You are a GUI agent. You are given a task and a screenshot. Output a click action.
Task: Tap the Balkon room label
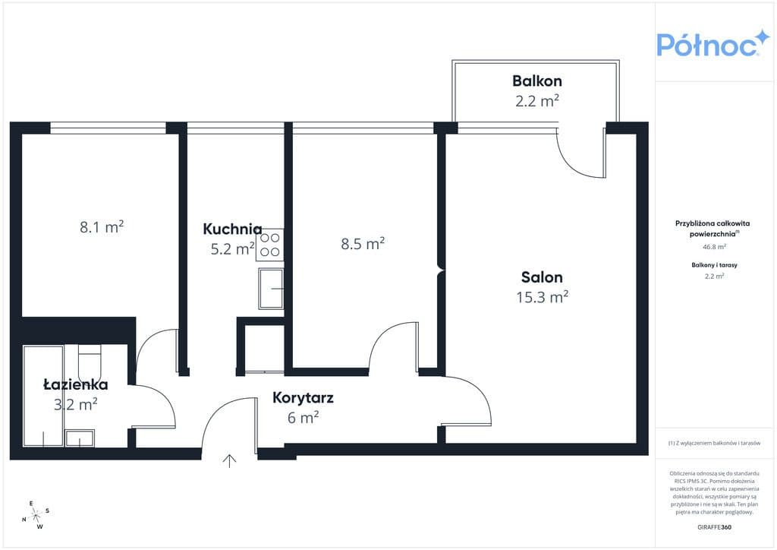tap(536, 81)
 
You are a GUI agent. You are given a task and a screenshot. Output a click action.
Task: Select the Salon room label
tap(542, 277)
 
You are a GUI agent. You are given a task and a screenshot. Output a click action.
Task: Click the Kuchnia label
tap(232, 229)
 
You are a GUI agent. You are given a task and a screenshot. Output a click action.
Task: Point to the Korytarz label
tap(303, 398)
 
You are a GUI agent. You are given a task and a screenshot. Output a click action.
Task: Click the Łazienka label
tap(76, 384)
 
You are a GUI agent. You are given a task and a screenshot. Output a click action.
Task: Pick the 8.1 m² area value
tap(102, 226)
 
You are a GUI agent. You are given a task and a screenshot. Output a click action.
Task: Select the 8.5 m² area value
tap(363, 244)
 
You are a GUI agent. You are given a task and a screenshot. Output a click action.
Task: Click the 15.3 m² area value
tap(542, 296)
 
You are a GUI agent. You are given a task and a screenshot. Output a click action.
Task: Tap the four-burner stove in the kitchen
tap(270, 245)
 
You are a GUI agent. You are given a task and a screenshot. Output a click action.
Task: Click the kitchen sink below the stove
tap(271, 289)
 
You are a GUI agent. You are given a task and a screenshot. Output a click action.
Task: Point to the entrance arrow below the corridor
tap(229, 460)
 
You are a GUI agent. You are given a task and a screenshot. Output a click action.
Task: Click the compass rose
tap(36, 515)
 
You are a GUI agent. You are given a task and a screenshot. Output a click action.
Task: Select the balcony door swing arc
tap(575, 160)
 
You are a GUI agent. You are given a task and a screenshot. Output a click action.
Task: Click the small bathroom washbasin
tap(80, 438)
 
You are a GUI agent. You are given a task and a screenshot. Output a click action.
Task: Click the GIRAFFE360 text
tap(714, 527)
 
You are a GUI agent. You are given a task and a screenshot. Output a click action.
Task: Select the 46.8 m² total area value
tap(714, 246)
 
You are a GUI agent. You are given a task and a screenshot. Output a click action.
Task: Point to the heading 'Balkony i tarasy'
tap(714, 265)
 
